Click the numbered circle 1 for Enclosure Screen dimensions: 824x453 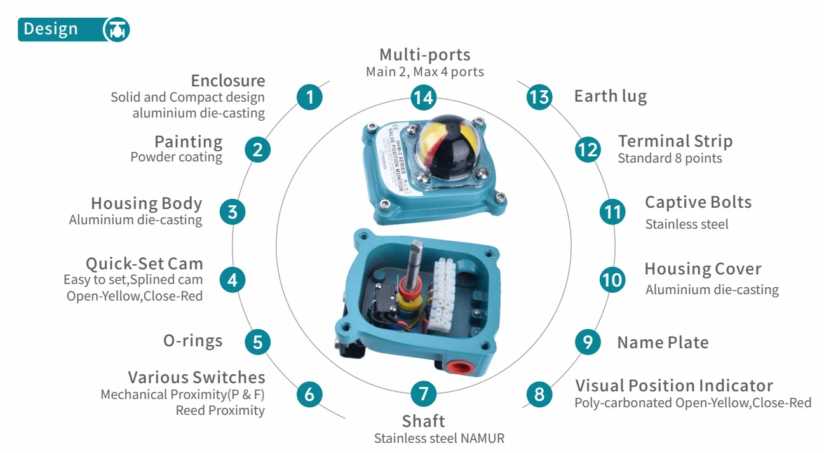(x=309, y=97)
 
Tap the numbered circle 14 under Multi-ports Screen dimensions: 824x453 (x=423, y=97)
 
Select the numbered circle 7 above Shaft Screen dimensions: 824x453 (x=423, y=394)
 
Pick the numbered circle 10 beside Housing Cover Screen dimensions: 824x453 (x=612, y=280)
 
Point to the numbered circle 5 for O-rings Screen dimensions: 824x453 (x=257, y=342)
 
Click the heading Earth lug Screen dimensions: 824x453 (x=610, y=97)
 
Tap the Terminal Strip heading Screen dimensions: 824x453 (x=675, y=141)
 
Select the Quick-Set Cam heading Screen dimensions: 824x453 (x=144, y=264)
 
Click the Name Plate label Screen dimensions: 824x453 (x=663, y=342)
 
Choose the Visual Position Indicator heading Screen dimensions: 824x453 (x=673, y=386)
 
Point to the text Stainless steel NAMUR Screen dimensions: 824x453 (x=439, y=438)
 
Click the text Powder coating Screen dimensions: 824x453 (x=176, y=157)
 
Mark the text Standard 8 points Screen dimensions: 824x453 (x=670, y=158)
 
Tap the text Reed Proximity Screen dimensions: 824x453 (x=220, y=410)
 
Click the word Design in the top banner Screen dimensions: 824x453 (x=51, y=29)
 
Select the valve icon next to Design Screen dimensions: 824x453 (x=116, y=30)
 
